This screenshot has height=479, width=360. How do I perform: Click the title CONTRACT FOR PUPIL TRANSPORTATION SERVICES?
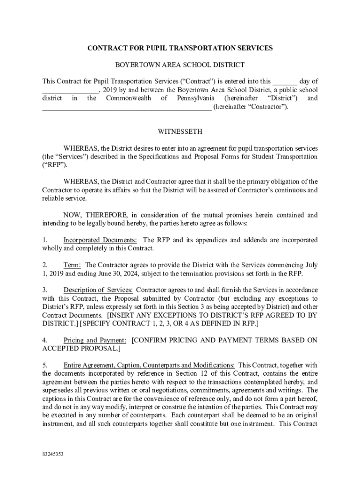click(x=180, y=48)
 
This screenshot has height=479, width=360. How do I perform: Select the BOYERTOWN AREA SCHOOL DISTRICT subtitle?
click(x=180, y=65)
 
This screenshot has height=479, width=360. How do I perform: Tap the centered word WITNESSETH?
click(x=180, y=132)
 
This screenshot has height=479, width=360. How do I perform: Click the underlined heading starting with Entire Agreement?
click(x=149, y=365)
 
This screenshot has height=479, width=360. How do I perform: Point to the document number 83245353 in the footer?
click(x=52, y=454)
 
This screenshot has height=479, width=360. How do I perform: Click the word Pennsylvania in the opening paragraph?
click(x=196, y=98)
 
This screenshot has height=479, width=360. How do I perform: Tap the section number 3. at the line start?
click(x=45, y=290)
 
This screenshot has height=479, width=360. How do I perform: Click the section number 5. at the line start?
click(x=45, y=365)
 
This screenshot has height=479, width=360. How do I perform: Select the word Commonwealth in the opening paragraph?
click(x=129, y=98)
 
